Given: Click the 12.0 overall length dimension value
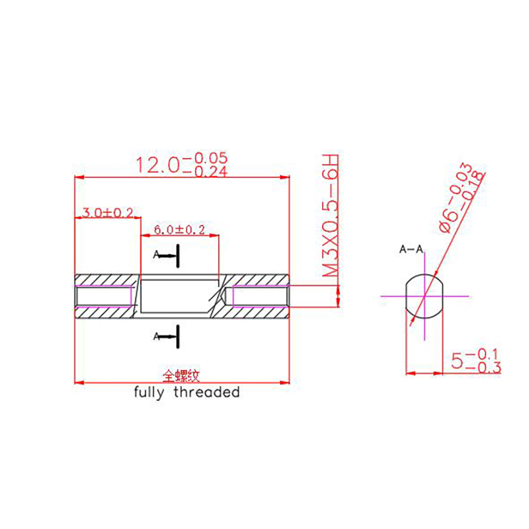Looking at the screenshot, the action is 181,164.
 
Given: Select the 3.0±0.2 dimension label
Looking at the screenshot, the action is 107,212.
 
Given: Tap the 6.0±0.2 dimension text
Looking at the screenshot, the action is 179,229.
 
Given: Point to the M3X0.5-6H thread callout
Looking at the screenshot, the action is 330,216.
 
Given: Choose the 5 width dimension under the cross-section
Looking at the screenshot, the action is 475,361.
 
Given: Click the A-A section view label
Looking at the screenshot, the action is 411,249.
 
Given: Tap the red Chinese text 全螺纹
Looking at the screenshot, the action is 181,376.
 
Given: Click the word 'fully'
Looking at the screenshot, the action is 149,393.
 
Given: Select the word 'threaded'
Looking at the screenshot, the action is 207,392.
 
